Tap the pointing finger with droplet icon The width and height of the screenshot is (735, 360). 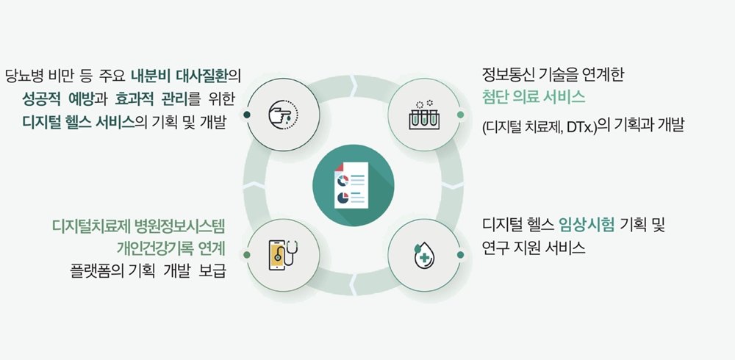click(x=283, y=115)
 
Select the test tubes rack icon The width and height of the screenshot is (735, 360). click(x=424, y=115)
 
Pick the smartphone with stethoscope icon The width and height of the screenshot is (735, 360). click(x=284, y=255)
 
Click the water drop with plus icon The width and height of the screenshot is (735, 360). click(x=423, y=255)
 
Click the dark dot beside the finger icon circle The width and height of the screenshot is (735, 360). click(x=247, y=115)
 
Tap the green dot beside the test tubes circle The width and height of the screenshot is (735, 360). click(x=460, y=115)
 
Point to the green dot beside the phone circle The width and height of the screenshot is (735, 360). click(x=247, y=254)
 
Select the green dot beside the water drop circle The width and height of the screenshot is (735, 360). click(x=460, y=254)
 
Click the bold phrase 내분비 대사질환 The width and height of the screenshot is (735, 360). click(x=182, y=76)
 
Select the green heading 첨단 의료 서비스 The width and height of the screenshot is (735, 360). click(x=534, y=98)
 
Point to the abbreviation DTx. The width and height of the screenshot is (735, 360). click(x=581, y=126)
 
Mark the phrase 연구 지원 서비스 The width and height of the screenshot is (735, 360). click(x=534, y=248)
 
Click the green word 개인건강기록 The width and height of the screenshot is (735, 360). click(x=149, y=248)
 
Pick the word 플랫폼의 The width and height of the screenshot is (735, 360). click(x=97, y=272)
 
